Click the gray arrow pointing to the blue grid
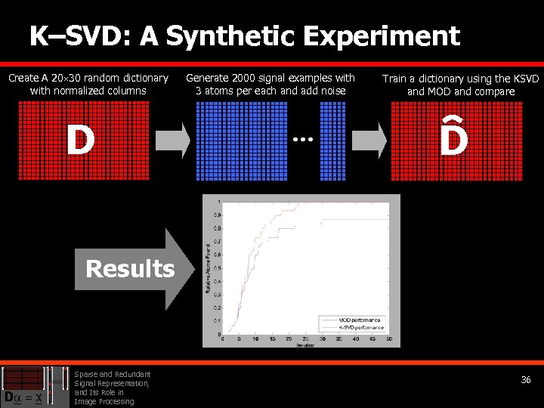[173, 141]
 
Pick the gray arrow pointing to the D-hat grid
[369, 141]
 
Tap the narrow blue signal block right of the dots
[332, 141]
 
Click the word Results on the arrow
[130, 269]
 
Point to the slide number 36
[526, 380]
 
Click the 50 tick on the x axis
[388, 338]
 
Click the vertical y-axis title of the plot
[209, 267]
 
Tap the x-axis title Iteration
[304, 345]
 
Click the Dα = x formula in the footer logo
[23, 397]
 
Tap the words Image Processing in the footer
[104, 401]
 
